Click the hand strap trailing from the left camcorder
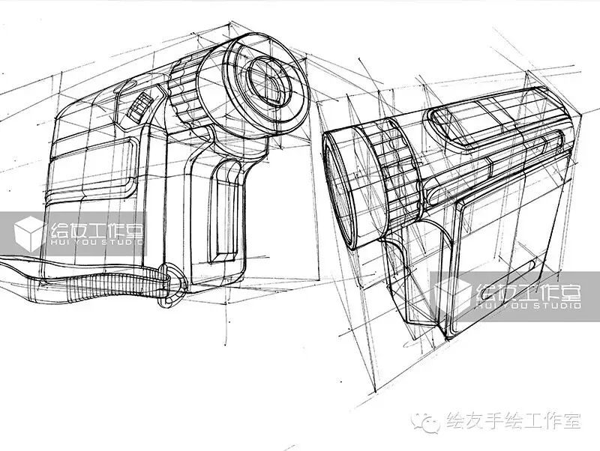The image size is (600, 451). point(90,281)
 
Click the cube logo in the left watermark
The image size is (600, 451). point(30,232)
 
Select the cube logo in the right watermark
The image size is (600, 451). point(454,294)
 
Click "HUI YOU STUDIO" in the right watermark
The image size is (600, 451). point(529,306)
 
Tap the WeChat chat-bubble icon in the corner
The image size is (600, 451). point(430,423)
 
